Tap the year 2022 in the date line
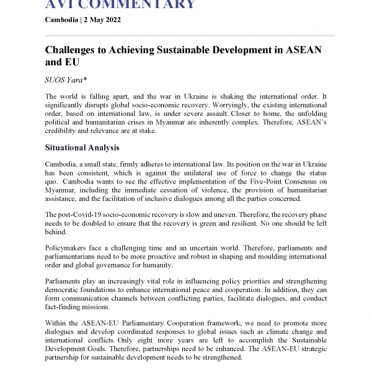point(110,20)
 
